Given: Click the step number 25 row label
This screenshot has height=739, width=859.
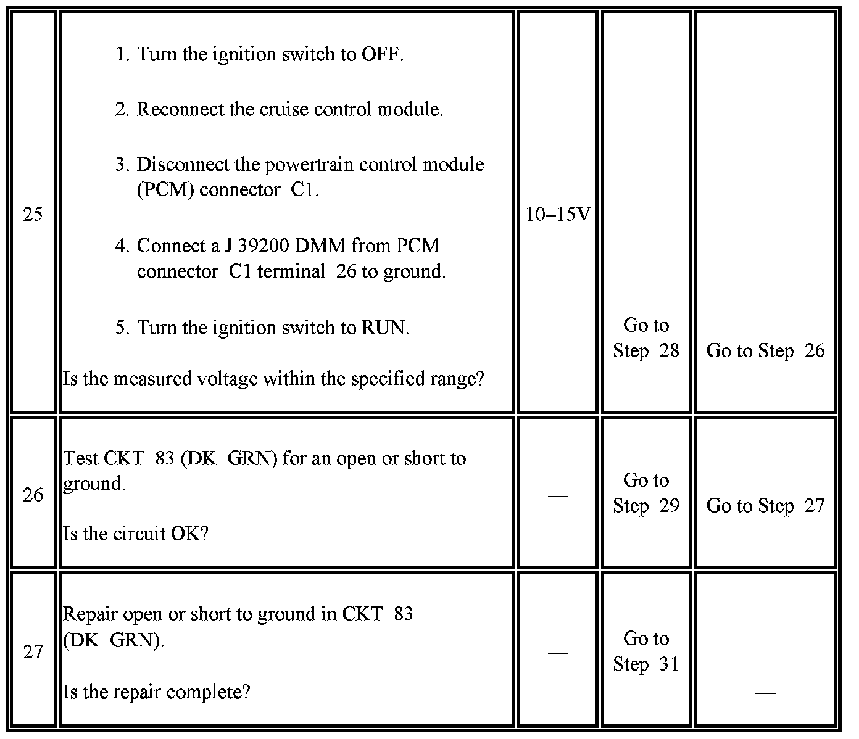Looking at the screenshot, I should click(33, 215).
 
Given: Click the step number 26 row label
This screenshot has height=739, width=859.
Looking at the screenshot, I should click(33, 495).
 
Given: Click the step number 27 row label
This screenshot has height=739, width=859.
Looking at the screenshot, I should click(33, 652).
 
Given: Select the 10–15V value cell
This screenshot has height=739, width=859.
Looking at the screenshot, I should click(558, 215).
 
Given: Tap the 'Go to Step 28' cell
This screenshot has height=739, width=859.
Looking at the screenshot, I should click(645, 338).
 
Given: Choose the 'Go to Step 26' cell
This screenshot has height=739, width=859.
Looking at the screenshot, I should click(765, 350).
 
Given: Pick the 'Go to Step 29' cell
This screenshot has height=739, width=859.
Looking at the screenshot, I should click(645, 493).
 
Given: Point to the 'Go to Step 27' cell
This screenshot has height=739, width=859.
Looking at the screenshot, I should click(765, 506).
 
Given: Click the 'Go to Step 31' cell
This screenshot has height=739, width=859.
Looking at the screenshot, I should click(645, 651).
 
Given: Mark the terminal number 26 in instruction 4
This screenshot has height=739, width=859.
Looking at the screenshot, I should click(346, 271).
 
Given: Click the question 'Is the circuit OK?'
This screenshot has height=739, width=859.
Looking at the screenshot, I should click(136, 534).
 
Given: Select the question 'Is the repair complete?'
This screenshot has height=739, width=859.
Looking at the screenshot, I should click(157, 692).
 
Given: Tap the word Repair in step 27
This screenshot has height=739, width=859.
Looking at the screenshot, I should click(91, 614).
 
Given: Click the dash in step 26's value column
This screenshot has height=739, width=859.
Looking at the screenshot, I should click(558, 495).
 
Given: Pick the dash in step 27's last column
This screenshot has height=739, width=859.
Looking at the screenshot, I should click(765, 693).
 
